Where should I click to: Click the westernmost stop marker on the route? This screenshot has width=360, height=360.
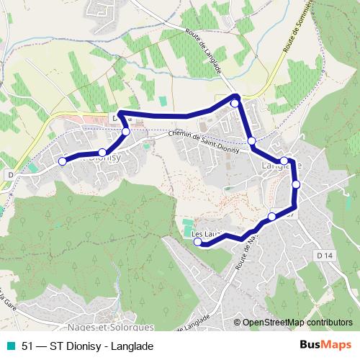pyautogui.click(x=62, y=161)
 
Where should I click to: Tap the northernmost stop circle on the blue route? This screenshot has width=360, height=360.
pyautogui.click(x=234, y=104)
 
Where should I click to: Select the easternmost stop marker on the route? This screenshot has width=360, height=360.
pyautogui.click(x=295, y=185)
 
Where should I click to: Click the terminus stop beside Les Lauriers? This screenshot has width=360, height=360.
pyautogui.click(x=198, y=242)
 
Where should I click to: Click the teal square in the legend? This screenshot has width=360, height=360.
pyautogui.click(x=8, y=346)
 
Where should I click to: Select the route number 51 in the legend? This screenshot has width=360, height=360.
pyautogui.click(x=27, y=346)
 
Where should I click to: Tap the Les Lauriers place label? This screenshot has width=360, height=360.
pyautogui.click(x=205, y=233)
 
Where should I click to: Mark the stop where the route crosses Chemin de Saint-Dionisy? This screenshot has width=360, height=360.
pyautogui.click(x=251, y=141)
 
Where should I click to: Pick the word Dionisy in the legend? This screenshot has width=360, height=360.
pyautogui.click(x=88, y=346)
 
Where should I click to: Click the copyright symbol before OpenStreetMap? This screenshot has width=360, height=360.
pyautogui.click(x=237, y=323)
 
